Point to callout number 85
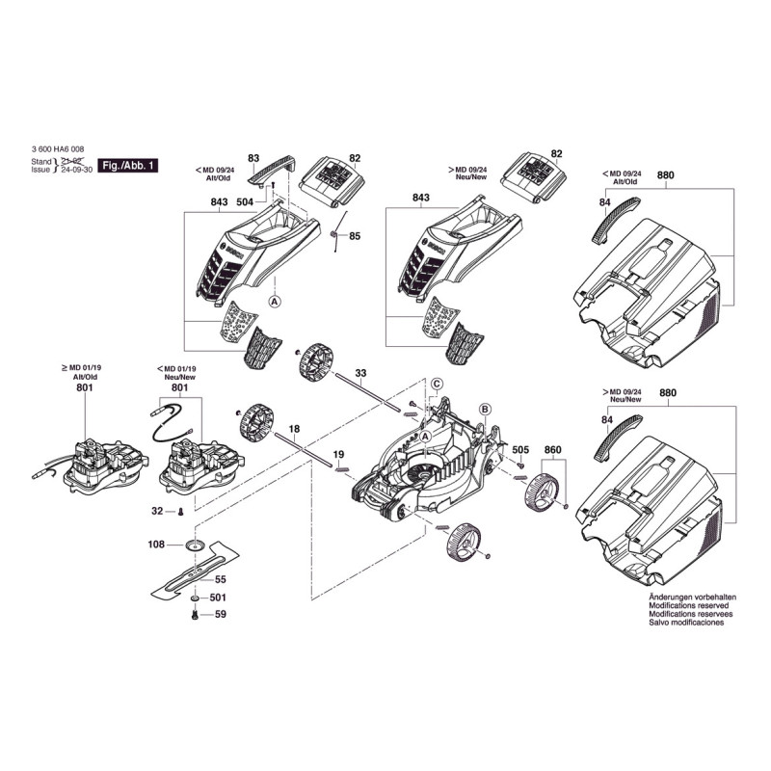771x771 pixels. [x=354, y=236]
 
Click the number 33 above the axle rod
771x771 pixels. [x=360, y=372]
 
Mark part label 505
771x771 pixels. [x=520, y=450]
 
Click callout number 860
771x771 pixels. [x=552, y=450]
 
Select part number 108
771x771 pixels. [x=156, y=545]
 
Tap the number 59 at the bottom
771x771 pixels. [x=220, y=614]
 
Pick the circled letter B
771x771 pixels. [x=485, y=410]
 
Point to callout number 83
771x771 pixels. [x=253, y=157]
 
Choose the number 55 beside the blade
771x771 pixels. [x=220, y=580]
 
